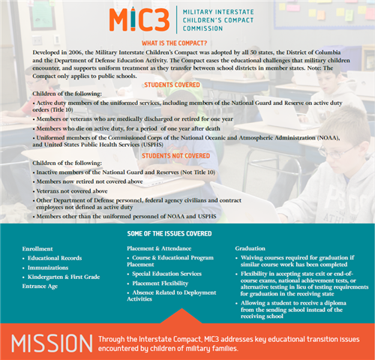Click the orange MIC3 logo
point(139,19)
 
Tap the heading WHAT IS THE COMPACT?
point(174,43)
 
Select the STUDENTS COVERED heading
point(172,85)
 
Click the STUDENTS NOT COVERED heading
point(175,156)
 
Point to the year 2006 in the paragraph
point(75,52)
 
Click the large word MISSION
point(52,343)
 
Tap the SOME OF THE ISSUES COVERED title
point(169,234)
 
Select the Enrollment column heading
point(37,249)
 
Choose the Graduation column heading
point(250,248)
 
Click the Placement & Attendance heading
point(159,248)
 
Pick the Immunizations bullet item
point(48,268)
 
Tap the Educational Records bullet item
point(55,258)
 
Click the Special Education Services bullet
point(166,274)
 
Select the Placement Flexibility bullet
point(160,283)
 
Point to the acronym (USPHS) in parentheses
point(152,145)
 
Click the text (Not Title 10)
point(198,172)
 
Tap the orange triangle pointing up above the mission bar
point(181,316)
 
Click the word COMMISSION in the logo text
point(202,28)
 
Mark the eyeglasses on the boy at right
point(338,151)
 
